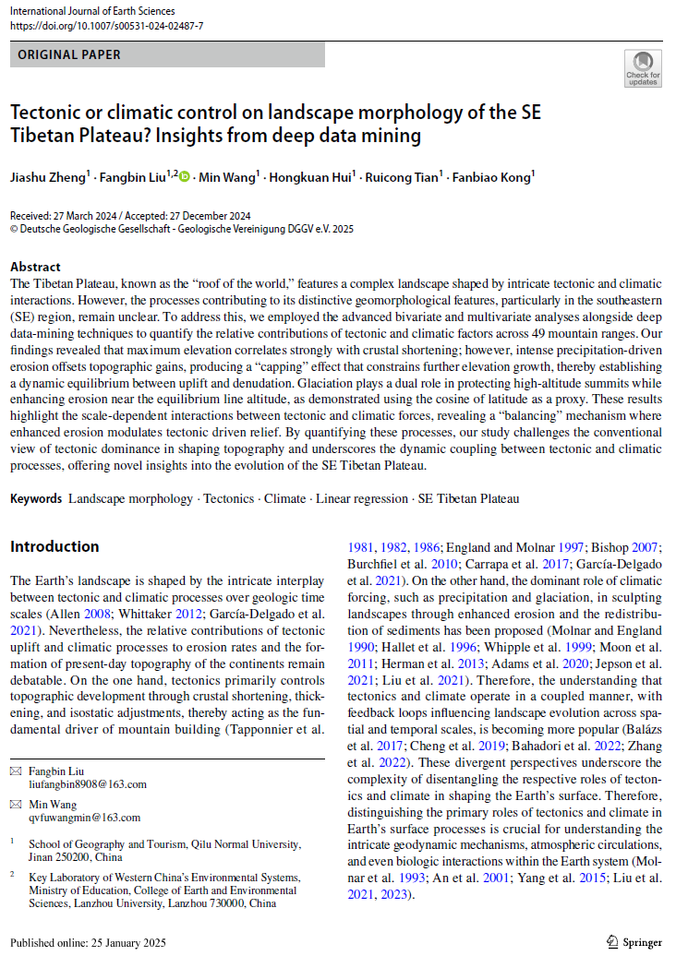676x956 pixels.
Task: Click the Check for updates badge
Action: (643, 69)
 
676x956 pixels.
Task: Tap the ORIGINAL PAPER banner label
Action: (69, 54)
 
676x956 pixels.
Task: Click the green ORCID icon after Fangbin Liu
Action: (184, 175)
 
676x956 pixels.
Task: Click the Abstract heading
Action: (35, 267)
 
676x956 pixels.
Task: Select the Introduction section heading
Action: (54, 546)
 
